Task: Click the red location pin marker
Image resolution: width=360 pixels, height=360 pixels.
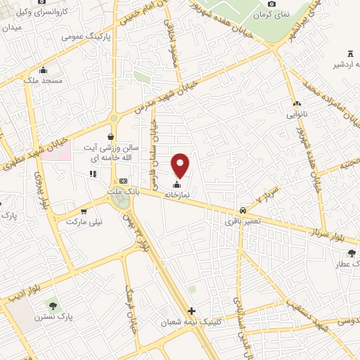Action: point(181,165)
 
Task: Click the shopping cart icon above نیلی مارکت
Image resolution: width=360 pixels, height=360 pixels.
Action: point(84,211)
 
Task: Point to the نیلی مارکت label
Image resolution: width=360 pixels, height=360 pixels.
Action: point(84,221)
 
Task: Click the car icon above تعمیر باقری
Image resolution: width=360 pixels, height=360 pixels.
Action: point(243,210)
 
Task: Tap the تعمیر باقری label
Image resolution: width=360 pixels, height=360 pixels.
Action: point(243,221)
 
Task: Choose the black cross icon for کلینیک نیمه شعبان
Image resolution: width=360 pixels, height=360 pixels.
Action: point(191,311)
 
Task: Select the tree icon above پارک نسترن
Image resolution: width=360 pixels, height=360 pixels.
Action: point(52,305)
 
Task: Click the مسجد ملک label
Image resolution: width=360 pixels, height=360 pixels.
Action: point(43,81)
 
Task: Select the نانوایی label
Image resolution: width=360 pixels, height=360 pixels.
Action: point(296,112)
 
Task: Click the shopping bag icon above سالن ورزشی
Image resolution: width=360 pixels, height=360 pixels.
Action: point(110,137)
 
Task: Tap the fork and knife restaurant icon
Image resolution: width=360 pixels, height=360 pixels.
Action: point(92,174)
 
